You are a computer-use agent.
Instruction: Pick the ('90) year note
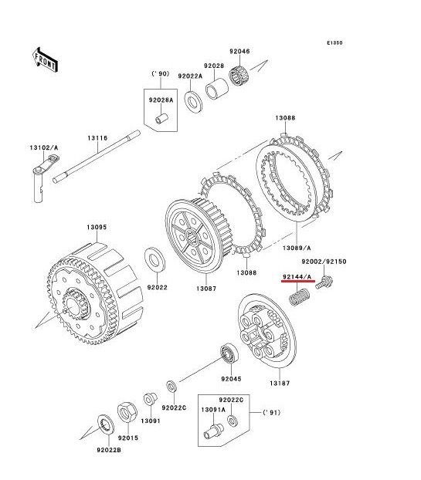click(x=159, y=74)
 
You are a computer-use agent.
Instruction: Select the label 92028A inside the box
click(x=160, y=100)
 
